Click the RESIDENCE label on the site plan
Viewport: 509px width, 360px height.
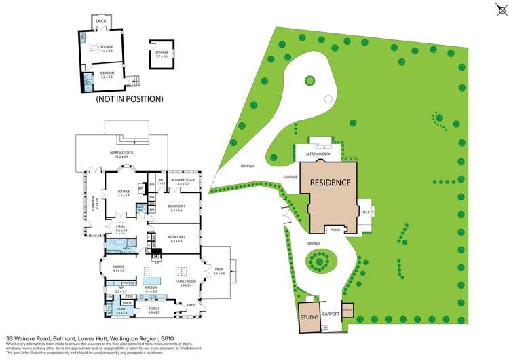(x=331, y=183)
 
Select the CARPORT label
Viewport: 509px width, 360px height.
(x=331, y=315)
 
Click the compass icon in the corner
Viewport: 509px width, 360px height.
(x=493, y=9)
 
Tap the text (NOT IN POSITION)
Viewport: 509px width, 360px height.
(x=129, y=99)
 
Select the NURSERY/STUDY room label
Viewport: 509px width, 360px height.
(x=183, y=180)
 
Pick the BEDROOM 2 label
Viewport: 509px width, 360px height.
(x=177, y=237)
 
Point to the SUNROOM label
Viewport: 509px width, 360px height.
(x=96, y=201)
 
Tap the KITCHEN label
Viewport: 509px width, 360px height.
(x=151, y=287)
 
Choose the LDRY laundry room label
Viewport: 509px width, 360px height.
(x=121, y=309)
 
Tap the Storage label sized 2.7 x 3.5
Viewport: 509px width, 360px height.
(x=162, y=53)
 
